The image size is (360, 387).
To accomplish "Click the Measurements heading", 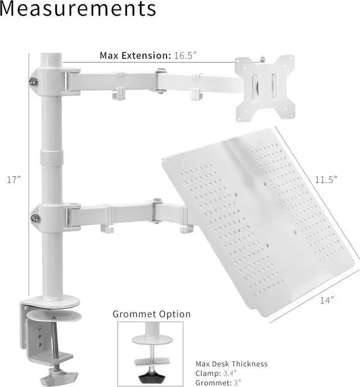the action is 78,10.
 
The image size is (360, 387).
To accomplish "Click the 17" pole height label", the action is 14,179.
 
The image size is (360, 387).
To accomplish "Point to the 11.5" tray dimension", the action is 325,179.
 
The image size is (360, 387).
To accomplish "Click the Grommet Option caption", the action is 152,314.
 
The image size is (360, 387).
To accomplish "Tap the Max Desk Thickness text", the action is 232,364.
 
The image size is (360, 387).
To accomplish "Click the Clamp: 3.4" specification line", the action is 217,373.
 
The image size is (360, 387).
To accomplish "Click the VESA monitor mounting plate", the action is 264,88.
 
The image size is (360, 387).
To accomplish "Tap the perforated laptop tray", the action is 253,225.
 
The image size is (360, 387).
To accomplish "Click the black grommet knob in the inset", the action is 151,374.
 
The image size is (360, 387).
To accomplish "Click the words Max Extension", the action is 134,55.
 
